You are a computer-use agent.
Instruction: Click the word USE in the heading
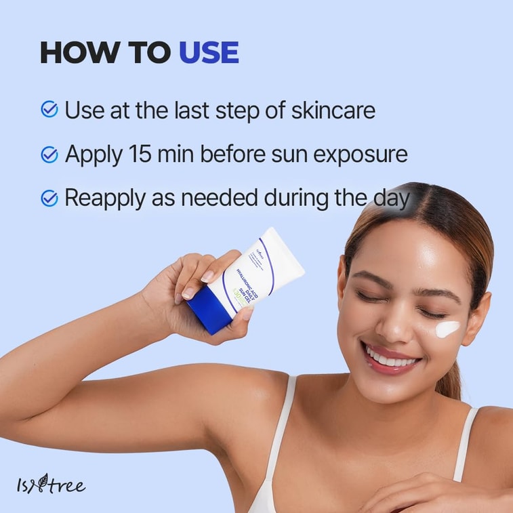pos(208,53)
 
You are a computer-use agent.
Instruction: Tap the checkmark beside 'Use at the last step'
pos(49,109)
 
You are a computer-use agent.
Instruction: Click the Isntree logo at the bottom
pos(51,485)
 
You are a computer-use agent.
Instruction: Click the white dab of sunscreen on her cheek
pos(447,329)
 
